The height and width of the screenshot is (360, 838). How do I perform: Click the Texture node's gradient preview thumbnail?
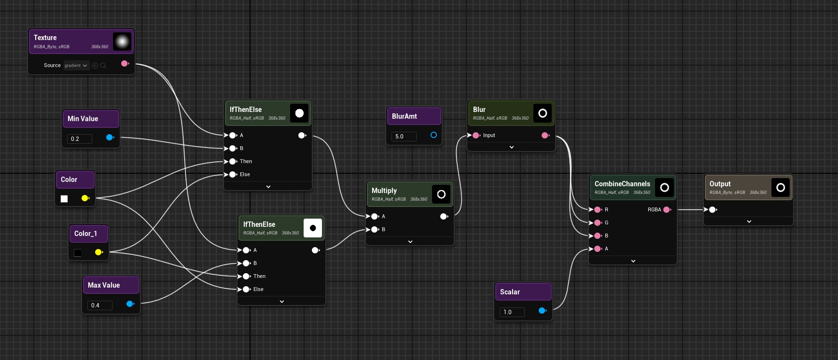click(122, 42)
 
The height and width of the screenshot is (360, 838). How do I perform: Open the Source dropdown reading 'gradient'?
click(76, 66)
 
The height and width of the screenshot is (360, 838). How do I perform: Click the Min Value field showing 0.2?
click(79, 139)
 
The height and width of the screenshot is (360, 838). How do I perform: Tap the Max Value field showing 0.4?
click(99, 305)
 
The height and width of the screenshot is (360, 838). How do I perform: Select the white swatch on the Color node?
click(64, 199)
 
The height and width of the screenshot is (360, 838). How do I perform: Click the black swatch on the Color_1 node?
click(78, 253)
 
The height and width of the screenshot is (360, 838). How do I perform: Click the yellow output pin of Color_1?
click(98, 252)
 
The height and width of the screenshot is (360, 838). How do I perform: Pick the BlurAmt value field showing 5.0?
click(404, 137)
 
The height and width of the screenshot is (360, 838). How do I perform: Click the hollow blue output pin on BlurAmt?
click(433, 135)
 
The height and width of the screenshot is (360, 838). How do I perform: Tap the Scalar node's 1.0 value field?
click(512, 312)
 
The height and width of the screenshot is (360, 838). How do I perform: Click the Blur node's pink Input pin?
click(476, 136)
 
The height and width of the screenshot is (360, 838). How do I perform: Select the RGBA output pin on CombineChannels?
click(667, 209)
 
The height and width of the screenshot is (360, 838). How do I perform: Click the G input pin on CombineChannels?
click(598, 223)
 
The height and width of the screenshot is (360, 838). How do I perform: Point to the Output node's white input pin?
click(712, 209)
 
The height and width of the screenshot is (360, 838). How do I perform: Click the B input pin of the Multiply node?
click(375, 230)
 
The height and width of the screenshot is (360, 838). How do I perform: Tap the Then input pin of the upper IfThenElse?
click(233, 162)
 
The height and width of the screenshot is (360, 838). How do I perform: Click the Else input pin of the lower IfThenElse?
click(246, 290)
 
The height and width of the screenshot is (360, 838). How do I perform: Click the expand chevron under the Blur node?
click(512, 147)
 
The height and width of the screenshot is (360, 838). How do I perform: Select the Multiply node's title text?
click(384, 191)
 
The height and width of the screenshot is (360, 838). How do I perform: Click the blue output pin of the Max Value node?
click(129, 304)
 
